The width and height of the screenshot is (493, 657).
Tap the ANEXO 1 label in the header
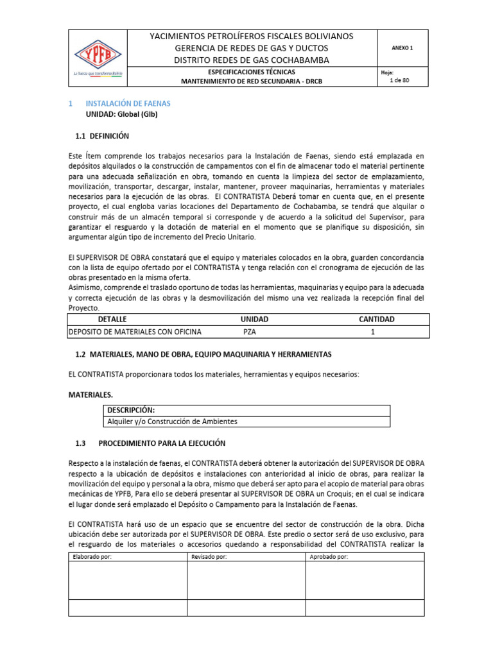(402, 48)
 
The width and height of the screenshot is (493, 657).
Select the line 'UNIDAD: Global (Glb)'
(121, 114)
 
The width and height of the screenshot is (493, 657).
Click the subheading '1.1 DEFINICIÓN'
(103, 136)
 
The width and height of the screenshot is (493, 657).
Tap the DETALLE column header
(112, 319)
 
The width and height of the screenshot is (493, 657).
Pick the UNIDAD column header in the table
(254, 319)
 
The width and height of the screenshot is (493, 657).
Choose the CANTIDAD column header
(376, 319)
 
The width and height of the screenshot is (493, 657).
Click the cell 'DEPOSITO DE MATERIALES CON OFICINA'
(135, 332)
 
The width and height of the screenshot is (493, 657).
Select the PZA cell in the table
(253, 332)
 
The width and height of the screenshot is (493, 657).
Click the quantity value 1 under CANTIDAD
(373, 332)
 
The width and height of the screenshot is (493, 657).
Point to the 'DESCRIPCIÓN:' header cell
(132, 411)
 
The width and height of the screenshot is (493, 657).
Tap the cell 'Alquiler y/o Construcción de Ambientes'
(172, 422)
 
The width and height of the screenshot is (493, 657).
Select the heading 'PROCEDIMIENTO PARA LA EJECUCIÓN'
(161, 443)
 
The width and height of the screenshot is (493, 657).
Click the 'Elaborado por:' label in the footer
(92, 557)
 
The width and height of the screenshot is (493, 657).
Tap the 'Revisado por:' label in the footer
(209, 557)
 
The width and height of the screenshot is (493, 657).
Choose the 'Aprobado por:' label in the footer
(329, 557)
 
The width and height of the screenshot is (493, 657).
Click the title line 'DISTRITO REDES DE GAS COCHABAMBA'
(252, 60)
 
